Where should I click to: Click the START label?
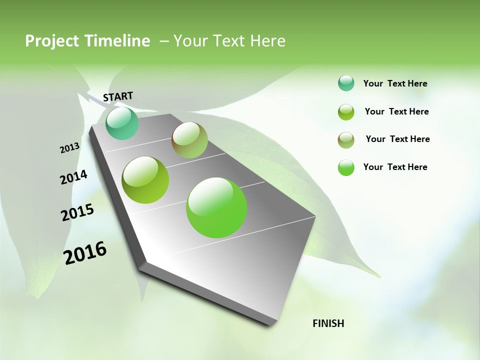[x=118, y=96]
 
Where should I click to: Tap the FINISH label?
[x=328, y=323]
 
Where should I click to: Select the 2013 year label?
[x=69, y=148]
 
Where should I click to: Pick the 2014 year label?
[x=73, y=177]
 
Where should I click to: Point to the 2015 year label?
[x=77, y=212]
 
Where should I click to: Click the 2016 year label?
[x=85, y=253]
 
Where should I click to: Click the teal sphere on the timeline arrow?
[x=122, y=123]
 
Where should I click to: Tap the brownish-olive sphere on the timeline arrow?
[x=189, y=140]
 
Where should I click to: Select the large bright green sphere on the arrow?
[x=216, y=207]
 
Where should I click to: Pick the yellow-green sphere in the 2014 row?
[x=145, y=180]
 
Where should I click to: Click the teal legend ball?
[x=346, y=83]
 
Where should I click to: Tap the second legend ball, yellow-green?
[x=346, y=112]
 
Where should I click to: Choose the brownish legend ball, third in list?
[x=346, y=140]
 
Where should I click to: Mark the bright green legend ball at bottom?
[x=346, y=167]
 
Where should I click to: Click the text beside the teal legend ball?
[x=395, y=84]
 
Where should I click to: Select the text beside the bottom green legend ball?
[x=395, y=167]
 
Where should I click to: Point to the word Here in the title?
[x=267, y=41]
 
